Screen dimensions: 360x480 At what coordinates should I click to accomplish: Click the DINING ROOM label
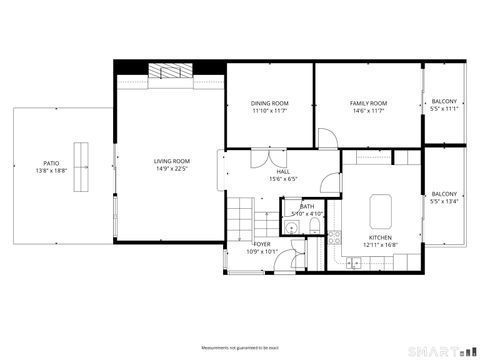tap(270, 103)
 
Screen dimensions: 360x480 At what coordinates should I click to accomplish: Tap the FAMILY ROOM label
tap(368, 103)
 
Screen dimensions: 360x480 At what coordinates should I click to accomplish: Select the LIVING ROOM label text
tap(172, 160)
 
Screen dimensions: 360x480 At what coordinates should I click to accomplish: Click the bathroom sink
tap(290, 228)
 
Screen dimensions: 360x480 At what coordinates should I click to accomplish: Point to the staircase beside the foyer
tap(240, 214)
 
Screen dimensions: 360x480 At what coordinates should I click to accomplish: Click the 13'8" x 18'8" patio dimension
tap(50, 171)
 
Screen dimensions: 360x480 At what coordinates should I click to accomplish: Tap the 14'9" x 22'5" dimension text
tap(172, 169)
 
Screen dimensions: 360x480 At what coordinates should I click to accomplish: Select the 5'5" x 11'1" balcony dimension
tap(444, 110)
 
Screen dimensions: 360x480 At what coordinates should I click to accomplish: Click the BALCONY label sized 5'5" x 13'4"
tap(444, 193)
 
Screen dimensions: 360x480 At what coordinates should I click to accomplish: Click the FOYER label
tap(262, 244)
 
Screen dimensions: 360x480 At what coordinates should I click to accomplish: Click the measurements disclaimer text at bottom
tap(239, 347)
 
